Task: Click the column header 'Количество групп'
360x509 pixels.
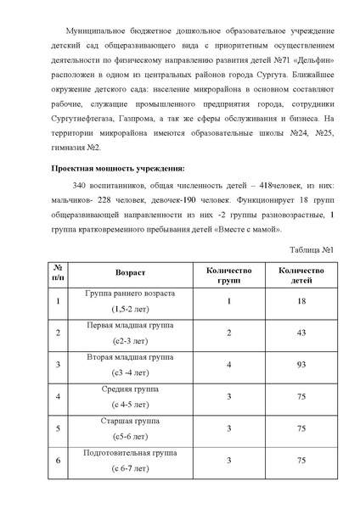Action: [229, 273]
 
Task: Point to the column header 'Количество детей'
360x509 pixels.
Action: [301, 273]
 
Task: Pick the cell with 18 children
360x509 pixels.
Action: [301, 300]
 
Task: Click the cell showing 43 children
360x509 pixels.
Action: [301, 333]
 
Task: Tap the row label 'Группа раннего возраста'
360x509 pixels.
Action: [130, 294]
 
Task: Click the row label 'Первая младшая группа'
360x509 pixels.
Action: [130, 326]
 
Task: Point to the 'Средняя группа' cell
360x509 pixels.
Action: [130, 389]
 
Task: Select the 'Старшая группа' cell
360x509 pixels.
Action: [130, 422]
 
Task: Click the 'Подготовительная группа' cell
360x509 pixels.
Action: [130, 454]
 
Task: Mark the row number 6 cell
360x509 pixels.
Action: [58, 461]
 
